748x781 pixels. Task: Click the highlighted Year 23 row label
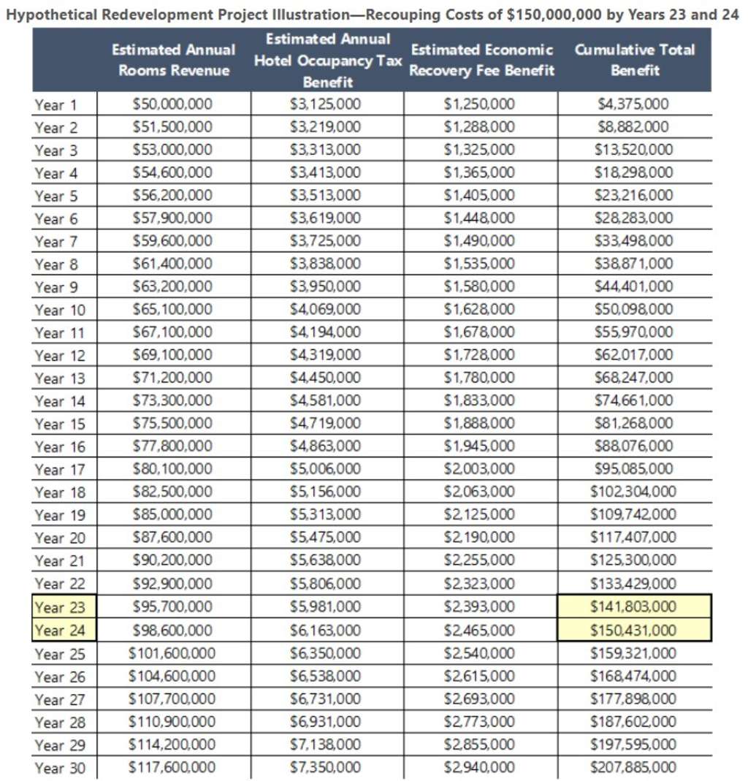pyautogui.click(x=60, y=607)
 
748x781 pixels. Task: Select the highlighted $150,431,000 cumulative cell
pyautogui.click(x=633, y=630)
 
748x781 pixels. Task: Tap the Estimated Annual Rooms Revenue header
pyautogui.click(x=173, y=60)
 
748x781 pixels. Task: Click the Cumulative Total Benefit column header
pyautogui.click(x=634, y=60)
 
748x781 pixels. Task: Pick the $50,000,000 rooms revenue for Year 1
pyautogui.click(x=173, y=104)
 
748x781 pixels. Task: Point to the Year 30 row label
pyautogui.click(x=60, y=768)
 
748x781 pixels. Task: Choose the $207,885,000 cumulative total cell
pyautogui.click(x=633, y=767)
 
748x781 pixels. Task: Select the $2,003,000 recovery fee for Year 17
pyautogui.click(x=480, y=469)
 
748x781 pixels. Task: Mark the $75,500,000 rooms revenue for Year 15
pyautogui.click(x=173, y=423)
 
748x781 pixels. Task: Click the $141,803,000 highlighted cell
pyautogui.click(x=633, y=606)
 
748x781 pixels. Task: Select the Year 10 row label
pyautogui.click(x=60, y=311)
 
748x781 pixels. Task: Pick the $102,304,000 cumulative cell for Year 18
pyautogui.click(x=633, y=492)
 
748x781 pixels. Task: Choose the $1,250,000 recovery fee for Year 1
pyautogui.click(x=480, y=104)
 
